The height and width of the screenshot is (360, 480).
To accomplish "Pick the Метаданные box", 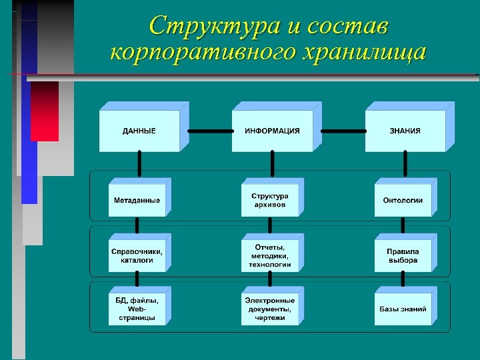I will [x=137, y=201].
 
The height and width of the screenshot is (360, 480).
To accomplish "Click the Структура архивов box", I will [x=269, y=201].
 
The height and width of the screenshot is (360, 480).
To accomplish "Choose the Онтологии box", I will [x=403, y=201].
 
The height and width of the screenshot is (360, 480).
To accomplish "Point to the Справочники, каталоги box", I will [x=137, y=255].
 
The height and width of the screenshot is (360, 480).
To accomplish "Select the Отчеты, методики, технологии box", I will [x=269, y=255].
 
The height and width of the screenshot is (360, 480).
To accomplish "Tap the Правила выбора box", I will [x=403, y=255].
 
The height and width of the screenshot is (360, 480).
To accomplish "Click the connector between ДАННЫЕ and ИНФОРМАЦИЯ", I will [x=210, y=131].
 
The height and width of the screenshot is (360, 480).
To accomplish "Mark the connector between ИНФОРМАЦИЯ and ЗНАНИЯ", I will [x=343, y=131].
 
